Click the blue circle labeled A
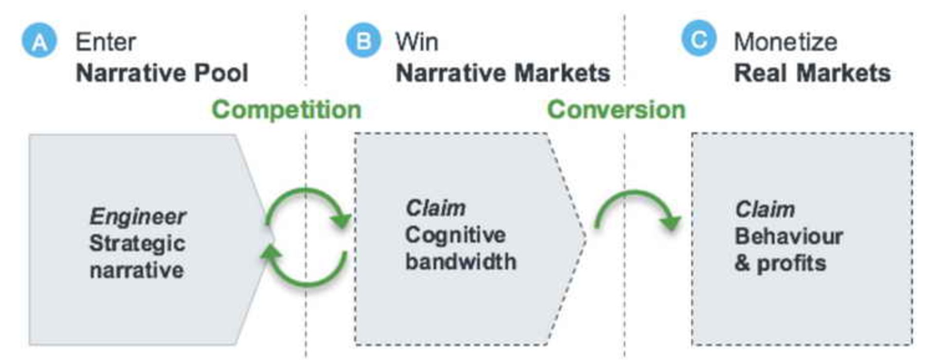coord(39,41)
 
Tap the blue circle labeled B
coord(363,40)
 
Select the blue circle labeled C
coord(699,38)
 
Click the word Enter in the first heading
coord(106,42)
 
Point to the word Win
coord(417,42)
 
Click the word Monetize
coord(785,42)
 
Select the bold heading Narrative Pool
coord(162,73)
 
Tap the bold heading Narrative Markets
coord(503,73)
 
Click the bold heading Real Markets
coord(812,73)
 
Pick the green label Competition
coord(287,109)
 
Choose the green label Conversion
coord(616,109)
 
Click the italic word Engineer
coord(138,216)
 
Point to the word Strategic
coord(137,243)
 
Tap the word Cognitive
coord(455,235)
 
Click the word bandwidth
coord(460,262)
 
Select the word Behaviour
coord(789,236)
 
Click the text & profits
coord(780,263)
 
